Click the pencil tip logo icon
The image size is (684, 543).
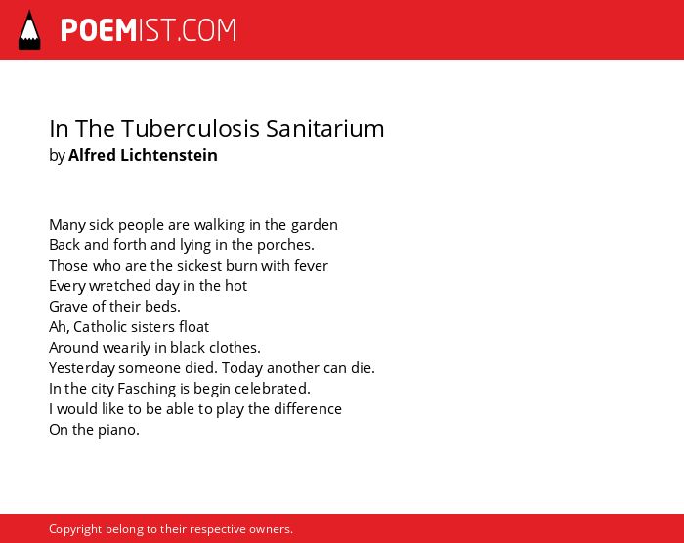click(x=29, y=30)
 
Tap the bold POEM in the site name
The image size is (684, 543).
click(x=99, y=30)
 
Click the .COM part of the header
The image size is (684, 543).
click(x=207, y=30)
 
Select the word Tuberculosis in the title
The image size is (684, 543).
click(x=190, y=129)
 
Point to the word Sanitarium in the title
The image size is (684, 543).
click(x=325, y=129)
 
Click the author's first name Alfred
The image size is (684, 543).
click(x=92, y=155)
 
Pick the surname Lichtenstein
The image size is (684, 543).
click(x=169, y=155)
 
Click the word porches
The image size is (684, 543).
click(x=285, y=245)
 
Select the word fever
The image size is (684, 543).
click(x=311, y=266)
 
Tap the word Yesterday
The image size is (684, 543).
click(x=82, y=368)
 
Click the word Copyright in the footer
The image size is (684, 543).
click(x=75, y=529)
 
